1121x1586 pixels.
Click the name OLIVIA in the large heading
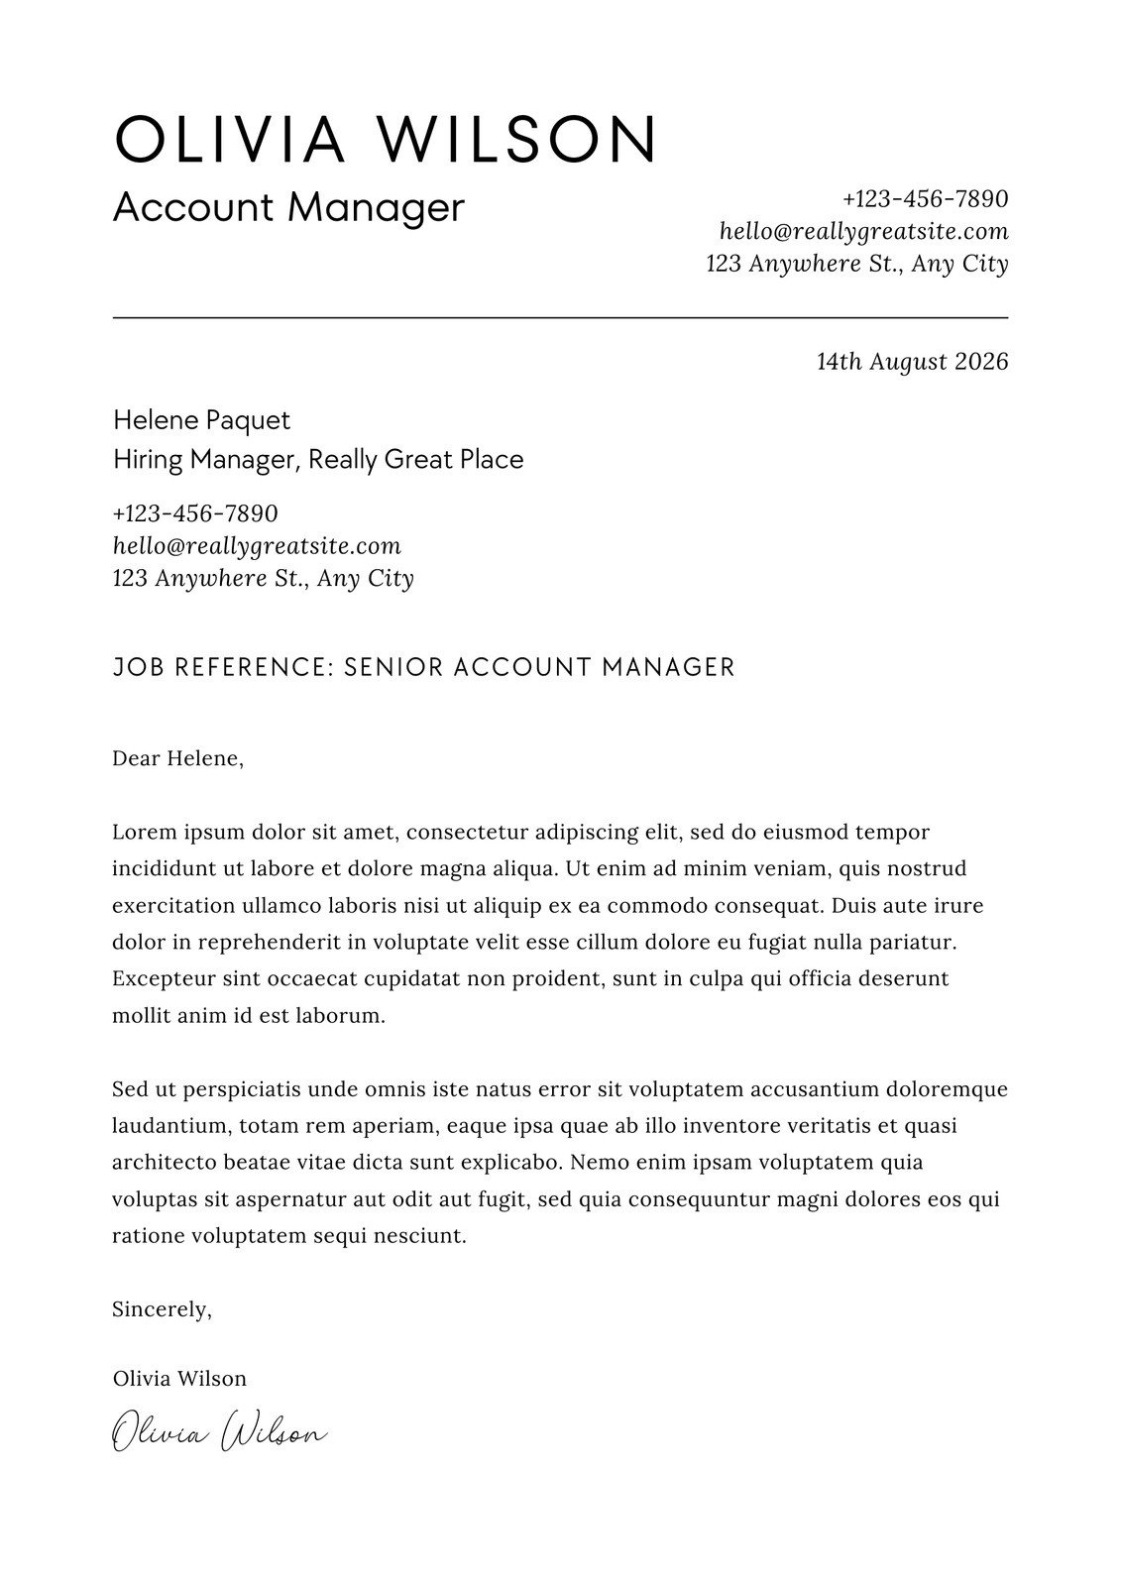tap(230, 139)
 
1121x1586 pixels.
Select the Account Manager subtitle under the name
tap(288, 208)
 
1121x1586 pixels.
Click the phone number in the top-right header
tap(925, 199)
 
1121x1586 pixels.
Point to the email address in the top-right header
tap(863, 232)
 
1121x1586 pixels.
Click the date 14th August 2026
tap(912, 362)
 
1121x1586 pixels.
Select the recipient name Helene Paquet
tap(202, 420)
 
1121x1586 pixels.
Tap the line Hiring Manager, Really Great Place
tap(318, 460)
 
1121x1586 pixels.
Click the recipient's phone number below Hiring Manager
tap(195, 514)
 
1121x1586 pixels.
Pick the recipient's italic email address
tap(257, 546)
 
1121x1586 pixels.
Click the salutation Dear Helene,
tap(178, 759)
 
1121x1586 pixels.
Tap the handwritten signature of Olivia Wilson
tap(219, 1433)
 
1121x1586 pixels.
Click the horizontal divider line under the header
tap(560, 317)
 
